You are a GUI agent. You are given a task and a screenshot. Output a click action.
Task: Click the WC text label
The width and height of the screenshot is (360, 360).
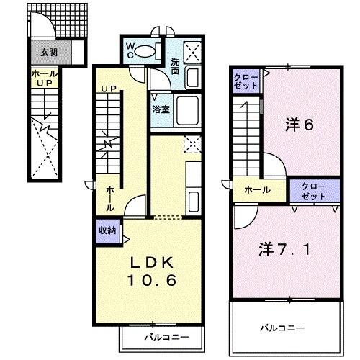[x=130, y=50]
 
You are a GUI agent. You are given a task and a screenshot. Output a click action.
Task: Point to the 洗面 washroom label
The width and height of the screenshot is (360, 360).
[x=175, y=66]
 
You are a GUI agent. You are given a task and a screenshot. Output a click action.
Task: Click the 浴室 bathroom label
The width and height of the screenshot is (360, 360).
[x=161, y=109]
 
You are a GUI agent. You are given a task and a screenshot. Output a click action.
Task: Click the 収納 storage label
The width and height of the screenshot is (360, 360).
[x=107, y=232]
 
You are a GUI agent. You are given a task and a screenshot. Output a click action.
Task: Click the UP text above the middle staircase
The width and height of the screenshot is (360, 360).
[x=109, y=89]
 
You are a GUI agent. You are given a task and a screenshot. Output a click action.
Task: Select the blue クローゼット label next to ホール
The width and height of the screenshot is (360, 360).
[x=314, y=190]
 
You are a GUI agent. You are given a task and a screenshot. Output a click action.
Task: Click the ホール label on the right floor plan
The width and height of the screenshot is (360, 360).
[x=257, y=190]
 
